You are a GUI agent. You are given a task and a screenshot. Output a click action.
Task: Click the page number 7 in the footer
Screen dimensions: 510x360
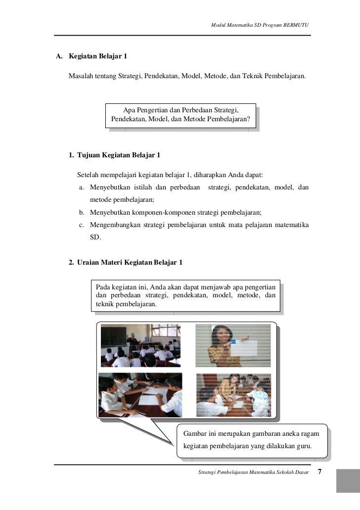pos(320,472)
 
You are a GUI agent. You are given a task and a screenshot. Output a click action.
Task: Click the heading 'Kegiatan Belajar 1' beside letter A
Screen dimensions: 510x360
pos(98,56)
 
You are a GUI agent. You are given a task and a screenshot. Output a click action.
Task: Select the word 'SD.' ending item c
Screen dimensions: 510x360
pos(95,238)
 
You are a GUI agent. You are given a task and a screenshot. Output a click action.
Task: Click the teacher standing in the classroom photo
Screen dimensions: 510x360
pos(132,343)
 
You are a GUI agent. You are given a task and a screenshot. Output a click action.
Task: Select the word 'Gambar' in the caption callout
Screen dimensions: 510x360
pos(195,434)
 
